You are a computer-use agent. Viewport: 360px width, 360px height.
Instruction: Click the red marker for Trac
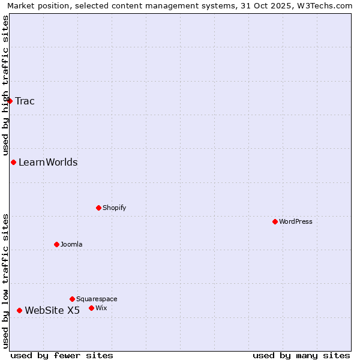click(x=10, y=101)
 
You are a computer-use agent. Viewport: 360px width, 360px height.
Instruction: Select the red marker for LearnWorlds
click(x=13, y=163)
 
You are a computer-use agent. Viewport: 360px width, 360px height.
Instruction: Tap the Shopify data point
click(x=98, y=208)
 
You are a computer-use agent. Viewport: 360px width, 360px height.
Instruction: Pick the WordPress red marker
click(x=275, y=221)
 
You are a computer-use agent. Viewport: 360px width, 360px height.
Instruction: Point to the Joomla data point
click(x=56, y=244)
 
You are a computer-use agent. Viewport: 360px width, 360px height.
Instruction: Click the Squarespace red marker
click(x=72, y=299)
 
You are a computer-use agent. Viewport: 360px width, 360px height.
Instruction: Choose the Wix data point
click(x=91, y=308)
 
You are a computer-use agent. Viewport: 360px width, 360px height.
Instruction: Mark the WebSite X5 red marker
click(x=19, y=310)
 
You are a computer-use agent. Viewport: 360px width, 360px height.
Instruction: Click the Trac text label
click(x=25, y=101)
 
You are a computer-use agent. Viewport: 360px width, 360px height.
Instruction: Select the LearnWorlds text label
click(x=48, y=163)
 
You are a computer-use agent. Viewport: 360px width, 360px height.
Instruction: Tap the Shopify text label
click(x=114, y=208)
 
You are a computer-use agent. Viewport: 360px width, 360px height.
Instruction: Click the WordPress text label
click(x=296, y=221)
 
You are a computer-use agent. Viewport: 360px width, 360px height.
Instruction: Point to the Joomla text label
click(x=71, y=244)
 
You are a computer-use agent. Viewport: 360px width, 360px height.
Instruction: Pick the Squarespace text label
click(x=97, y=299)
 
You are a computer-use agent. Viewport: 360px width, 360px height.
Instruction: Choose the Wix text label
click(x=101, y=308)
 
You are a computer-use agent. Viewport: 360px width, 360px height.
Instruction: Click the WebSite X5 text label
click(x=52, y=310)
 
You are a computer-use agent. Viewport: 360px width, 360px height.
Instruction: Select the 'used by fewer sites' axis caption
click(x=62, y=355)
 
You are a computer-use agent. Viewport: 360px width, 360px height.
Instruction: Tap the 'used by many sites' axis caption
click(x=301, y=355)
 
